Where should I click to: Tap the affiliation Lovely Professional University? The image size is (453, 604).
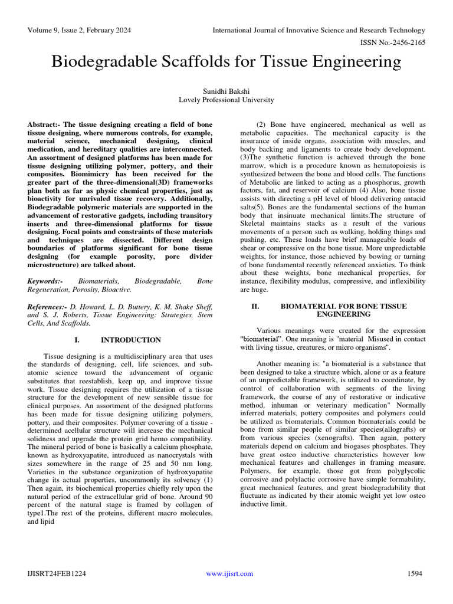point(226,100)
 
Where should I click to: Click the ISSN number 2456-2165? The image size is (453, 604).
point(404,43)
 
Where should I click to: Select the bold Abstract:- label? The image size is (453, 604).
point(44,125)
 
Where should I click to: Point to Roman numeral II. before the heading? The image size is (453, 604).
point(255,307)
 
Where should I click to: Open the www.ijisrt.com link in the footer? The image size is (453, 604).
point(229,573)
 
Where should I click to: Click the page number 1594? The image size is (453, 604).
point(416,573)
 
